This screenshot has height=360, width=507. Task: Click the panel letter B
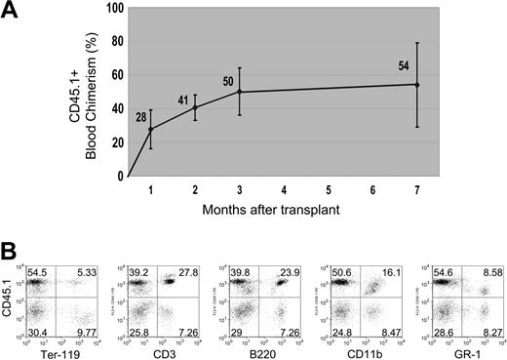(x=13, y=250)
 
